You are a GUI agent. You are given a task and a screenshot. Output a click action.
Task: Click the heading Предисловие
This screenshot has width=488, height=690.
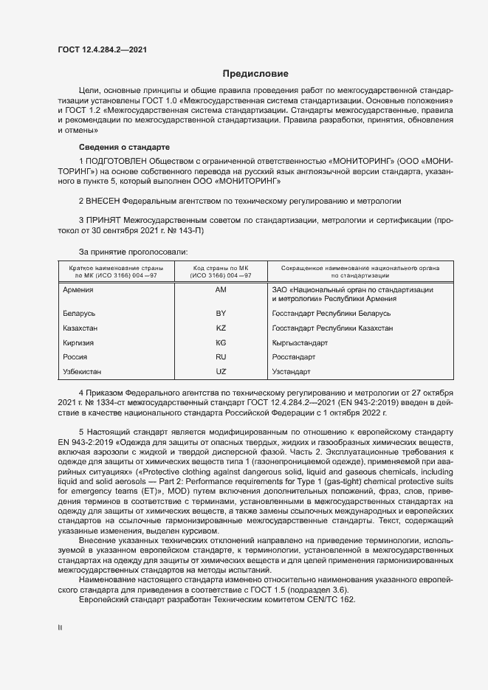pyautogui.click(x=255, y=74)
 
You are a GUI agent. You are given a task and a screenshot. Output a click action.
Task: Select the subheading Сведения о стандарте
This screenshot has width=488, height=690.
pyautogui.click(x=124, y=148)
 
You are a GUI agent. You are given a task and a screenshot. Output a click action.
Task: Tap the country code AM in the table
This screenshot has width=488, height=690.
pyautogui.click(x=220, y=290)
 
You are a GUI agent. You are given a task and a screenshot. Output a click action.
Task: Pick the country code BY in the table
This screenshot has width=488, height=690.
pyautogui.click(x=220, y=314)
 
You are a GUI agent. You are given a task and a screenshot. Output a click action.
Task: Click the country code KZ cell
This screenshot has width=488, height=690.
pyautogui.click(x=220, y=328)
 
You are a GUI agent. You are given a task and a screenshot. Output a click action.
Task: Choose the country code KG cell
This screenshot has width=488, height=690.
pyautogui.click(x=220, y=342)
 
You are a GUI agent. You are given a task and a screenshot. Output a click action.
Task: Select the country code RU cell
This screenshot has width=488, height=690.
pyautogui.click(x=220, y=356)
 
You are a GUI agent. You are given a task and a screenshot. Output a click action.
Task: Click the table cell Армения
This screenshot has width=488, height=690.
pyautogui.click(x=79, y=290)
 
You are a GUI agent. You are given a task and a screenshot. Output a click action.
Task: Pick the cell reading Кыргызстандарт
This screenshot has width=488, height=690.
pyautogui.click(x=300, y=342)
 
